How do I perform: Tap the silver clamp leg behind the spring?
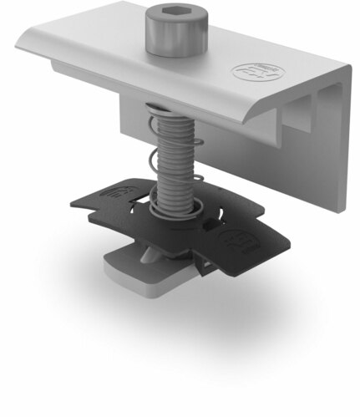tap(132, 117)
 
